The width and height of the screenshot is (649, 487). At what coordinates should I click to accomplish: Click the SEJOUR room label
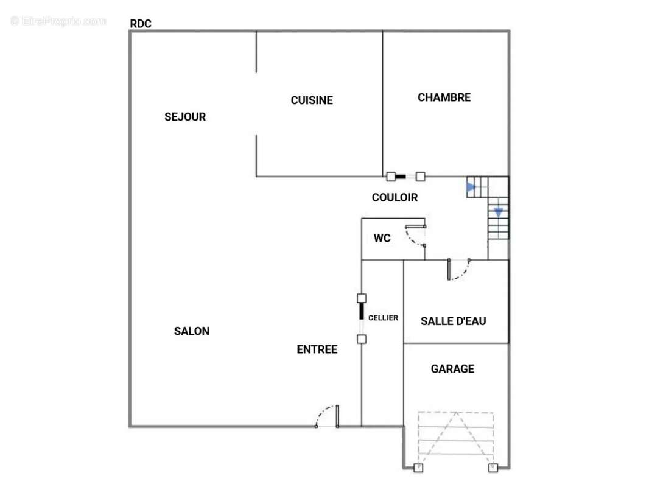185,117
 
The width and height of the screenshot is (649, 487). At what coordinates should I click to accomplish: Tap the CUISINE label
312,100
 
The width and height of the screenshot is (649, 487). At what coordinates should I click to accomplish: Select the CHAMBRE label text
444,97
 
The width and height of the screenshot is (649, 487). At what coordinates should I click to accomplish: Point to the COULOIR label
395,197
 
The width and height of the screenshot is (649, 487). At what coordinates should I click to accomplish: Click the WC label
382,238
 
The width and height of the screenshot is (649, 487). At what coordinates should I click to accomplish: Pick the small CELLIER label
384,318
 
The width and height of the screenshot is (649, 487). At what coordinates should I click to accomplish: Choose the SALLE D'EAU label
453,321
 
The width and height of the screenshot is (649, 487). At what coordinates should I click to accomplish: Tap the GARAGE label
452,369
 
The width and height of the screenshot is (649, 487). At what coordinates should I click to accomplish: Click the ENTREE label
317,349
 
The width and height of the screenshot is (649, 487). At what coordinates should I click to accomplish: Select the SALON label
192,331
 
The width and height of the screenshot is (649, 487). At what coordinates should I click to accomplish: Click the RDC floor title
141,24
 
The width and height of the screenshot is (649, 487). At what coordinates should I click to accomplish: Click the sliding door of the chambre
405,177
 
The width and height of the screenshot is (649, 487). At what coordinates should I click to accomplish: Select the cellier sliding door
362,318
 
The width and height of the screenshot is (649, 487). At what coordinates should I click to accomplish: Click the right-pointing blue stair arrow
471,187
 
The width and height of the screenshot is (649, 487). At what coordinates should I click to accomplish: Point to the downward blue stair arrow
499,212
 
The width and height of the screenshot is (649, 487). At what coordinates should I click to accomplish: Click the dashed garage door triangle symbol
456,438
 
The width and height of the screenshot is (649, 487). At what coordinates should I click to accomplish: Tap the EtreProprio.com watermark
58,21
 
